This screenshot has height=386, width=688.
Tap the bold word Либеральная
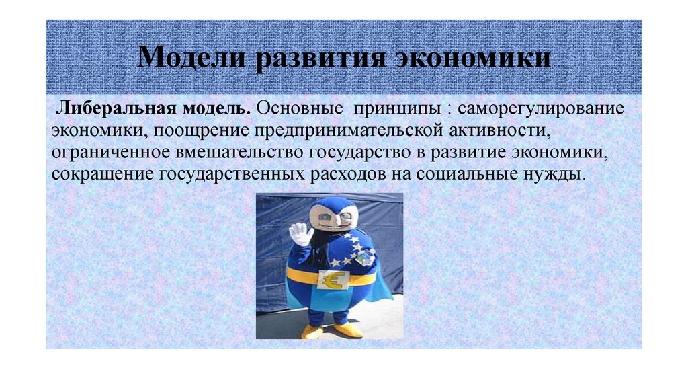pyautogui.click(x=112, y=108)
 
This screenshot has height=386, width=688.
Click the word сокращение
pyautogui.click(x=103, y=173)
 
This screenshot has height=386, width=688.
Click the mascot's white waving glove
pyautogui.click(x=300, y=235)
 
